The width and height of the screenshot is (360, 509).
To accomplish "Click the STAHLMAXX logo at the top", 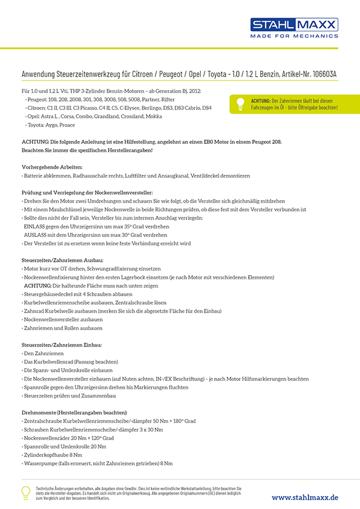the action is click(x=294, y=25).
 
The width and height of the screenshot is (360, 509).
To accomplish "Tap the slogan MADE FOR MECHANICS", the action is click(x=295, y=36).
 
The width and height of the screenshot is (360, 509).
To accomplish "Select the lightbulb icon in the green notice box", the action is click(x=239, y=103).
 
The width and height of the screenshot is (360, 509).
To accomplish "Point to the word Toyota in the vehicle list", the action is click(x=36, y=125).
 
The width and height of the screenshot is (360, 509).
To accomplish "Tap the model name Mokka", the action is click(x=154, y=116).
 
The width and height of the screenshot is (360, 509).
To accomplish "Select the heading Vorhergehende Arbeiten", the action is click(x=52, y=166).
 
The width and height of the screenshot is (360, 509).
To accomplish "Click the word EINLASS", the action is click(x=34, y=226).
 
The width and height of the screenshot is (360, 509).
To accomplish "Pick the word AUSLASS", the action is click(x=36, y=235).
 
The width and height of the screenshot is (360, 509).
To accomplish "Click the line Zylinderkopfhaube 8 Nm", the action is click(x=52, y=454).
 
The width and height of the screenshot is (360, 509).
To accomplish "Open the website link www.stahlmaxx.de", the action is click(x=304, y=497).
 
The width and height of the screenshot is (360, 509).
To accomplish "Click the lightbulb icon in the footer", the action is click(x=25, y=493).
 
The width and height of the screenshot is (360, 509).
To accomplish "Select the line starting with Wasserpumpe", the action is click(x=98, y=463).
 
